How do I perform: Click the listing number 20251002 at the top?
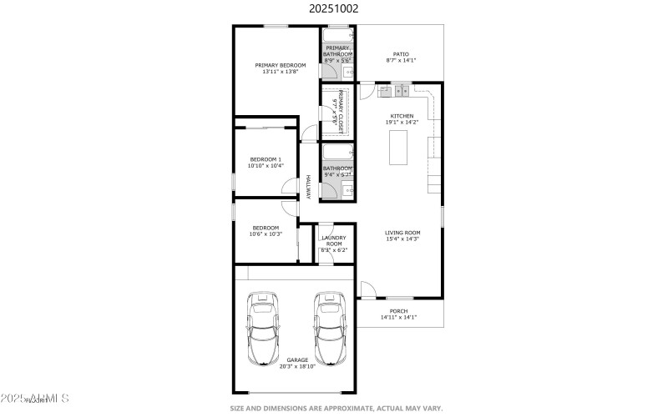(334, 9)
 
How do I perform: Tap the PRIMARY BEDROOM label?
(280, 65)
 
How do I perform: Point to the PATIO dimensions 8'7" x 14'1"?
(401, 60)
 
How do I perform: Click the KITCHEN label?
(402, 116)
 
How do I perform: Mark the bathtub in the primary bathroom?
(337, 37)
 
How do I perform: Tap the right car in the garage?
(330, 329)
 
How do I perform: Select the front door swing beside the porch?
(367, 289)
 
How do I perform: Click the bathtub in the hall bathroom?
(337, 153)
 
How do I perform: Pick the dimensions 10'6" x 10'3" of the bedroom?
(266, 234)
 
